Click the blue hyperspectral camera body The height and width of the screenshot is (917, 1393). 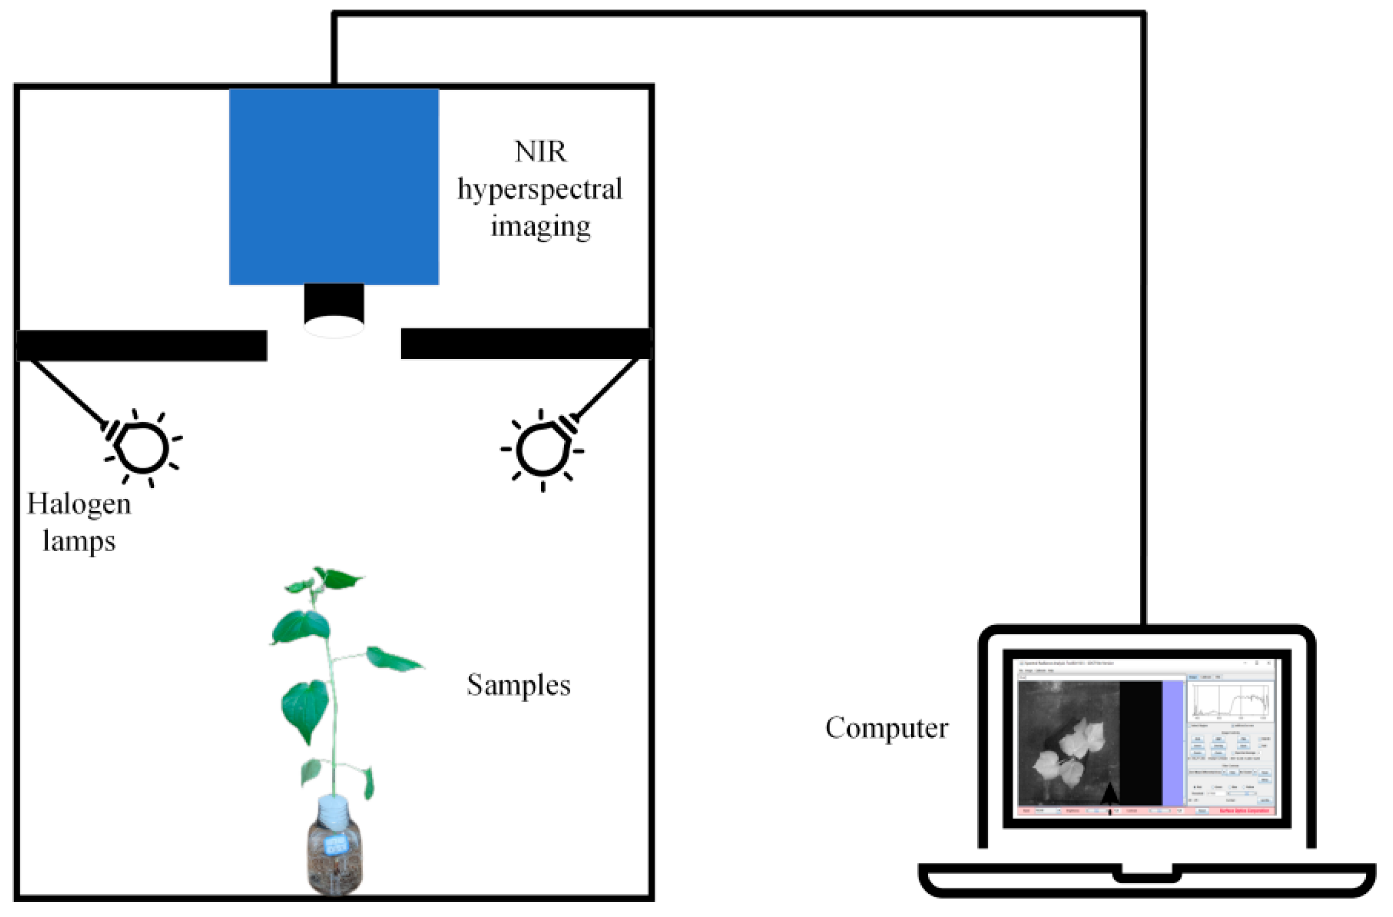[x=334, y=186]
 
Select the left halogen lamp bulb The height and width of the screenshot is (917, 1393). [x=142, y=448]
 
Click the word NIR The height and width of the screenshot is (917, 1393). [x=540, y=152]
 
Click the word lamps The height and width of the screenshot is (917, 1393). [x=79, y=541]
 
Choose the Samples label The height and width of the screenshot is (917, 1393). [x=518, y=685]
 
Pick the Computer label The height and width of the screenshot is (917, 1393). [x=886, y=728]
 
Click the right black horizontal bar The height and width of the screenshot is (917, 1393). [x=525, y=344]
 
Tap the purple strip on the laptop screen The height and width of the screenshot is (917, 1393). [x=1172, y=743]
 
